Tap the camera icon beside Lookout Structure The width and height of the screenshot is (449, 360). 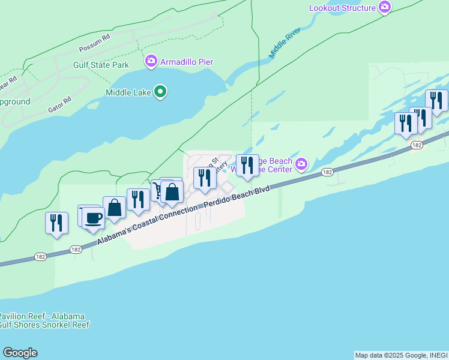click(385, 8)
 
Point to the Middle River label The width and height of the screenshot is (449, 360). click(284, 42)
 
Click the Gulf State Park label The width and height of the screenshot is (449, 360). click(101, 65)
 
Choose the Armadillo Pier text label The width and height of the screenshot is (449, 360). click(187, 62)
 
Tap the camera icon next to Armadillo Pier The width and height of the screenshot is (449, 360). click(151, 61)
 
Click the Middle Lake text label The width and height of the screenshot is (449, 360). click(128, 92)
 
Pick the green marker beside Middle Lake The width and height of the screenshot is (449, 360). click(160, 92)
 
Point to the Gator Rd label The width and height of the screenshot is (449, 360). click(59, 104)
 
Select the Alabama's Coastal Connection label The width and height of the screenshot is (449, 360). click(147, 226)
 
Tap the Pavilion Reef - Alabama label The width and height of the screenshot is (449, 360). click(42, 316)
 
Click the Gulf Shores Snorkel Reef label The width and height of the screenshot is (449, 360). click(44, 325)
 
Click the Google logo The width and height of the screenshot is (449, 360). click(20, 353)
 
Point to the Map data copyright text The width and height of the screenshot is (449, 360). click(401, 355)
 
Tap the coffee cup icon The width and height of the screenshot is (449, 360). click(94, 217)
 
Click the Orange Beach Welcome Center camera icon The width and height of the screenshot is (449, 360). click(301, 164)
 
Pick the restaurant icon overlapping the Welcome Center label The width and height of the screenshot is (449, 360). click(247, 165)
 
